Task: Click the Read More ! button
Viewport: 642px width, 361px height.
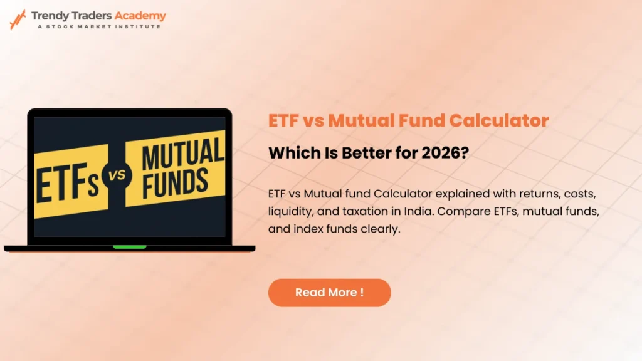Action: (x=329, y=293)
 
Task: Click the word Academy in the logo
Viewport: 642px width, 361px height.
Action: (x=142, y=16)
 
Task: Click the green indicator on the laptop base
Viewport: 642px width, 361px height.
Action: (x=129, y=247)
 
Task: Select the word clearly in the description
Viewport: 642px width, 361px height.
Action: (x=380, y=229)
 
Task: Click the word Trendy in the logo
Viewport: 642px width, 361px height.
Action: (x=50, y=16)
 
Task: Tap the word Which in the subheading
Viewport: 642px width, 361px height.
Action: (x=290, y=153)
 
